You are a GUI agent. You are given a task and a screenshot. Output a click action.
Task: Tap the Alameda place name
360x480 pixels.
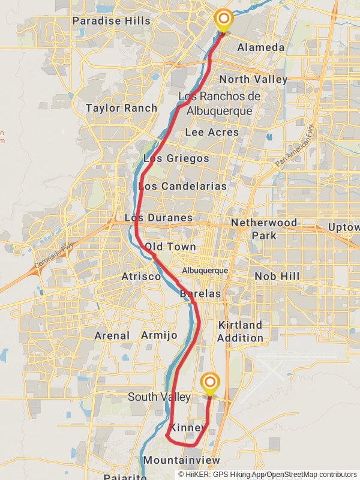click(x=260, y=47)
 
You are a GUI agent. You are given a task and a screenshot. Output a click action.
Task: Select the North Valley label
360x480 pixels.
click(x=253, y=79)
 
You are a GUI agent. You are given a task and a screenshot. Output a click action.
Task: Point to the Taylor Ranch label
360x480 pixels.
click(x=121, y=108)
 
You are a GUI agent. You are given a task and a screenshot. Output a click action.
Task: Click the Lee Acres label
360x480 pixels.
click(x=212, y=132)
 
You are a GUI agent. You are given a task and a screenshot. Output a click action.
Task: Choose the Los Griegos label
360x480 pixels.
click(x=176, y=158)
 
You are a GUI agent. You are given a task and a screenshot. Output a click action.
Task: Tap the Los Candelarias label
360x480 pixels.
click(x=182, y=186)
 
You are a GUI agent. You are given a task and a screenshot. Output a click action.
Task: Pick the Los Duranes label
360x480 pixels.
click(x=158, y=218)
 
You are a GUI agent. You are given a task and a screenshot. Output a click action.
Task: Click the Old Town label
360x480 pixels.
click(x=170, y=247)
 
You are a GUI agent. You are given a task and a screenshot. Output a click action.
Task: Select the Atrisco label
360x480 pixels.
click(x=141, y=277)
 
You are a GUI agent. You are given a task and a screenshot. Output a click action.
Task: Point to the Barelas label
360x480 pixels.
click(x=200, y=294)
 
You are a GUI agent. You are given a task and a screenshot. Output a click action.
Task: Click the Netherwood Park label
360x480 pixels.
click(x=264, y=229)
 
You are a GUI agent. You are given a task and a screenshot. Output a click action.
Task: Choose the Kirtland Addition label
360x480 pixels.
click(x=240, y=331)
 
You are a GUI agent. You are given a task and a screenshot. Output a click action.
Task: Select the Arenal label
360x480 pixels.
click(x=112, y=335)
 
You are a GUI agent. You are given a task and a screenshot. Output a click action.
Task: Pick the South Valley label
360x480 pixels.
click(x=159, y=397)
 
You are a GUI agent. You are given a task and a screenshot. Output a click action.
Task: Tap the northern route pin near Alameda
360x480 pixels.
click(x=223, y=20)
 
